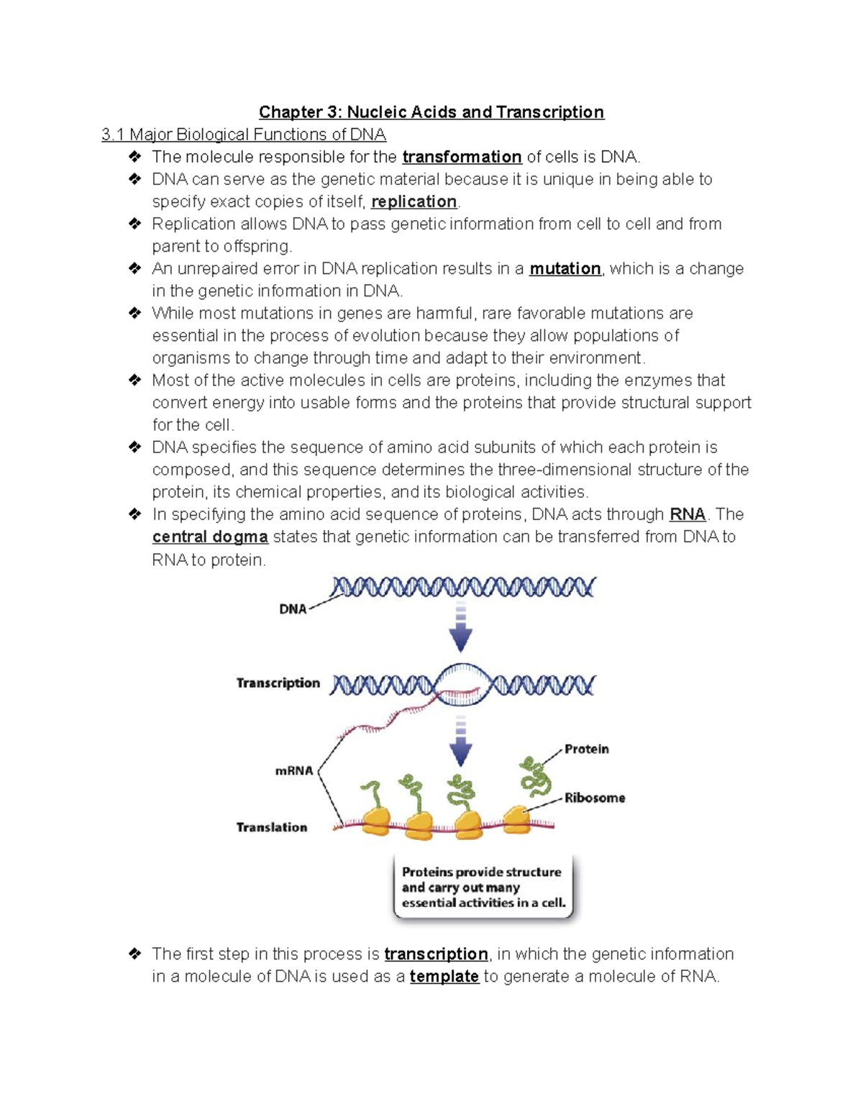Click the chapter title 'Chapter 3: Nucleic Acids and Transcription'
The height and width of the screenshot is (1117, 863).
(x=431, y=112)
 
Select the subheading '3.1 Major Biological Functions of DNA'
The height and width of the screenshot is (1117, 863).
(x=244, y=135)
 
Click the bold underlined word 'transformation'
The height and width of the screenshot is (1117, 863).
(x=462, y=157)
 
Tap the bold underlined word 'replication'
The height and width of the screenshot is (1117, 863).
(x=414, y=201)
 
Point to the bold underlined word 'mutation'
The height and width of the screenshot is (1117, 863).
(x=565, y=268)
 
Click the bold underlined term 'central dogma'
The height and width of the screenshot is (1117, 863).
(x=210, y=537)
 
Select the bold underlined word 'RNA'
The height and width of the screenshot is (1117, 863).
(x=687, y=514)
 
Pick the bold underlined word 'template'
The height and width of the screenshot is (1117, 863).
(x=444, y=976)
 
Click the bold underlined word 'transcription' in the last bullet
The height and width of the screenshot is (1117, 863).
(x=436, y=954)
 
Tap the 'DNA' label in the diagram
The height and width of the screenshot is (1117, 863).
(x=293, y=609)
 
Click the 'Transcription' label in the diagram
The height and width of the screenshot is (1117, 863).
(x=278, y=683)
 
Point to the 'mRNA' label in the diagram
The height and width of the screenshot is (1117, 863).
(x=294, y=771)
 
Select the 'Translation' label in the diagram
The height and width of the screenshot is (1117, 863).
(x=272, y=827)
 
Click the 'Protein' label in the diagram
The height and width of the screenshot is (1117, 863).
(x=586, y=749)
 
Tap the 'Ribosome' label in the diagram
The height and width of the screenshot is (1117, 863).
(x=595, y=798)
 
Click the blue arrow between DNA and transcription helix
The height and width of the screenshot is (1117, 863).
(x=461, y=629)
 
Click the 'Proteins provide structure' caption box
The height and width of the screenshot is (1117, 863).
(x=483, y=888)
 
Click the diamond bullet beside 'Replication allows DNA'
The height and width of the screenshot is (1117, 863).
(x=134, y=224)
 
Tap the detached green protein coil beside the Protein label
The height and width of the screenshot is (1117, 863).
(x=535, y=777)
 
